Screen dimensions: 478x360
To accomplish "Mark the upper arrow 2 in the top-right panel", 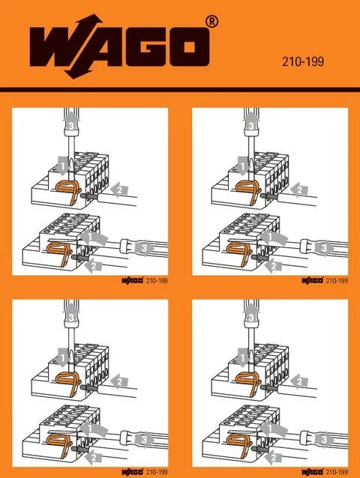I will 299,190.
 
